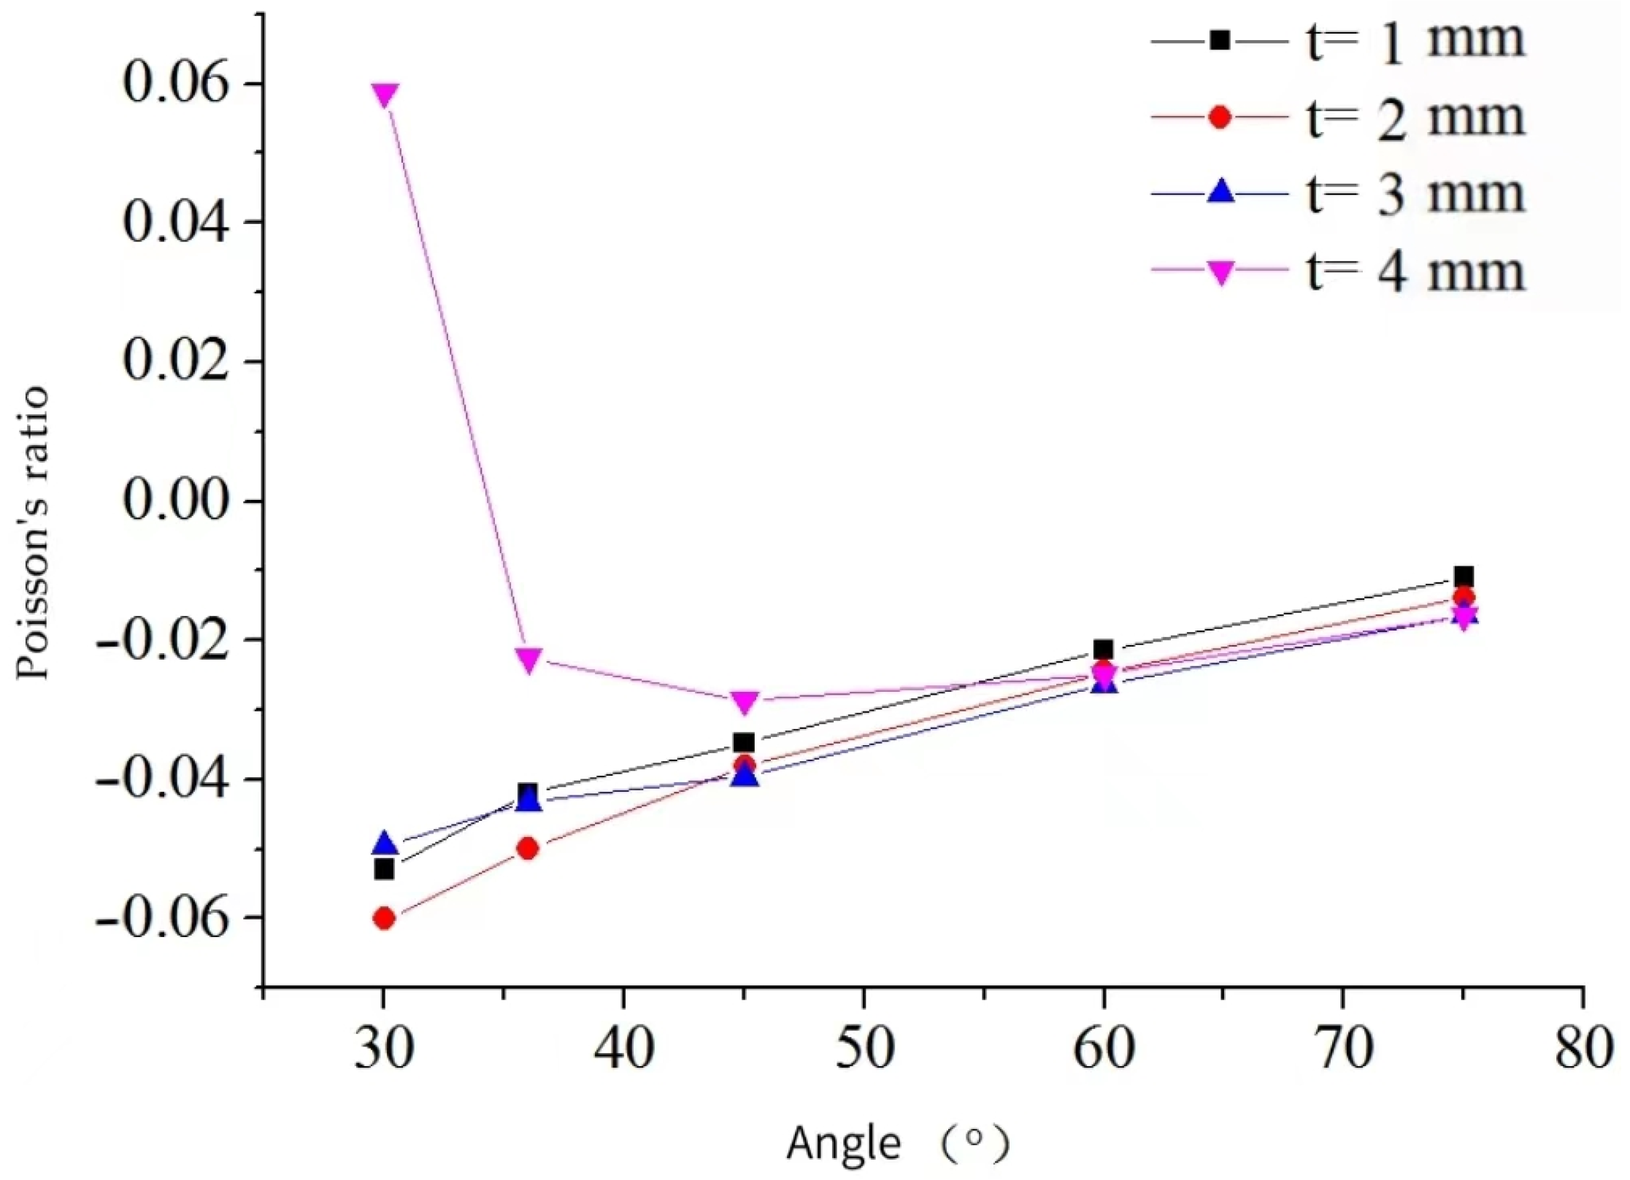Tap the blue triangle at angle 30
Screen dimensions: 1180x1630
click(x=385, y=844)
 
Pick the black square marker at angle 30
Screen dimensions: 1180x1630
click(x=384, y=869)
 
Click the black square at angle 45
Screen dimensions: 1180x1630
click(x=745, y=743)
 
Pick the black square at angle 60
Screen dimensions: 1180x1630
click(x=1104, y=649)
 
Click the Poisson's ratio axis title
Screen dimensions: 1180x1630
click(x=33, y=533)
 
